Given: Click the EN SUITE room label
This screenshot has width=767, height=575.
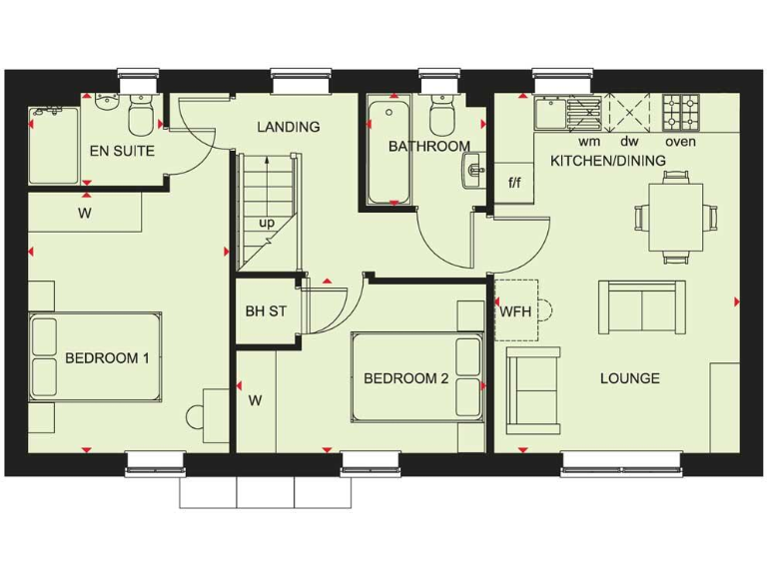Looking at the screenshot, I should click(x=122, y=151).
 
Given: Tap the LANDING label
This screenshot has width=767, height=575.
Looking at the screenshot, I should click(x=288, y=127).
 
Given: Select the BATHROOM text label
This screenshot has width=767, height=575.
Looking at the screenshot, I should click(x=428, y=147).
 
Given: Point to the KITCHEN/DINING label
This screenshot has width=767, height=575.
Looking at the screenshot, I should click(x=609, y=160).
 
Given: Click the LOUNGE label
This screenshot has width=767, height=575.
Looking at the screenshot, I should click(x=629, y=378).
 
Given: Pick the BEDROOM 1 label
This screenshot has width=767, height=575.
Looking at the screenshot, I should click(x=107, y=358).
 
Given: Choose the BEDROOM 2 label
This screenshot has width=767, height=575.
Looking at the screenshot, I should click(x=405, y=378).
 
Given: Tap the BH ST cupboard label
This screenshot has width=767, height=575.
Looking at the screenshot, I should click(x=266, y=311).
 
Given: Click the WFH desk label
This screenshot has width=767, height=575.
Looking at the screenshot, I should click(x=515, y=311).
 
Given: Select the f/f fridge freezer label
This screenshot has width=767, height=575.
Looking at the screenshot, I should click(x=515, y=183).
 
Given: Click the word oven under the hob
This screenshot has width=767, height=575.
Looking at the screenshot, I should click(x=680, y=142).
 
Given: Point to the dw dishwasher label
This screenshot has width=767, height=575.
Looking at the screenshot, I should click(x=628, y=142).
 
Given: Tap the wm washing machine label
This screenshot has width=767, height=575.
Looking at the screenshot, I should click(x=576, y=142).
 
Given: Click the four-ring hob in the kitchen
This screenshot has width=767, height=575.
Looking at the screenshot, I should click(x=681, y=114).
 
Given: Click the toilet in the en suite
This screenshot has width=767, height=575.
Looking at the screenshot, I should click(x=140, y=117).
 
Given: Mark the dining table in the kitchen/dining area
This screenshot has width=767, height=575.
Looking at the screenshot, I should click(x=675, y=216).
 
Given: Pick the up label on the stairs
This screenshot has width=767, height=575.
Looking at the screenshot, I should click(x=267, y=223).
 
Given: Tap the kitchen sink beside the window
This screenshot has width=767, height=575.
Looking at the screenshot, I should click(x=551, y=113).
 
